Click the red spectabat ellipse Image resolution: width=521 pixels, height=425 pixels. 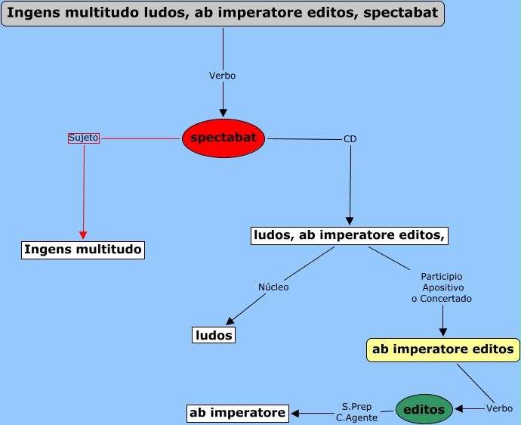[x=224, y=138]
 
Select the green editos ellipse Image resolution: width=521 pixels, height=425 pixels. [x=424, y=409]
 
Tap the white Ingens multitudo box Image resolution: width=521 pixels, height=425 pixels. [x=82, y=250]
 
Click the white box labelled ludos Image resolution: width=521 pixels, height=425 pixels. [x=214, y=335]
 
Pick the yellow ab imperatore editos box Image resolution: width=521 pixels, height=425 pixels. [x=443, y=349]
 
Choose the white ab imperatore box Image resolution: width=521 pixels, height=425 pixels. [x=238, y=413]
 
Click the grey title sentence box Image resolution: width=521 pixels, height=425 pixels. [x=223, y=14]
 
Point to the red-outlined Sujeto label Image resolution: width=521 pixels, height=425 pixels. [x=83, y=138]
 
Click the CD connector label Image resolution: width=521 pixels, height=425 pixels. [x=350, y=139]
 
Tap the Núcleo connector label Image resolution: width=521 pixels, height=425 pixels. [x=273, y=287]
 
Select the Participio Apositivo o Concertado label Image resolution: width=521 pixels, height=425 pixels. [x=442, y=287]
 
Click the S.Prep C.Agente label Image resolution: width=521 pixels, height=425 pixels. [x=356, y=412]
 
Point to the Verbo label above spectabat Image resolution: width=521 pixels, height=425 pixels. [x=223, y=76]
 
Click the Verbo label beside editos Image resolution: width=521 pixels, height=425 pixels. [x=499, y=408]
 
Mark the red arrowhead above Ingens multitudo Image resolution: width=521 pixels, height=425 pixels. [x=83, y=234]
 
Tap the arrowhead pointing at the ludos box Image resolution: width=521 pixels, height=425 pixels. [x=231, y=321]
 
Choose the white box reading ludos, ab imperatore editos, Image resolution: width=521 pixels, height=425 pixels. [x=350, y=236]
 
